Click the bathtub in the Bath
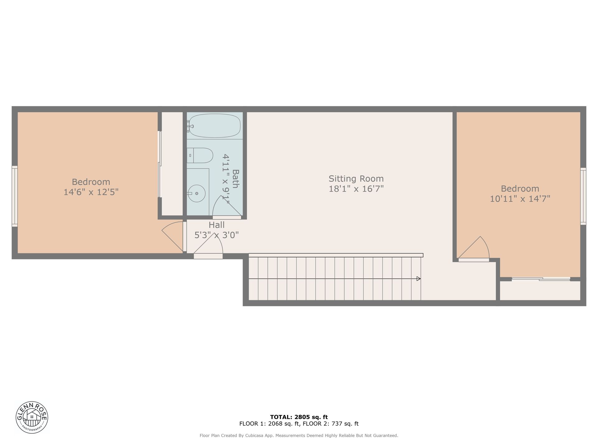(215, 126)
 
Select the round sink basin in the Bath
(197, 194)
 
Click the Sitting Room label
(356, 179)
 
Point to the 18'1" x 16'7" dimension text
(356, 189)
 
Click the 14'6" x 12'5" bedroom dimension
(91, 192)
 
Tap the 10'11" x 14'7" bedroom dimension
(520, 199)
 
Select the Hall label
(216, 225)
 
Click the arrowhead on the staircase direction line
(419, 279)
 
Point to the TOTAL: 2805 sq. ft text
(299, 417)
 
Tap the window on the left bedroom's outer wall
(15, 196)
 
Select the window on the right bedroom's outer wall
(583, 196)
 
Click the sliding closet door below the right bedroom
(541, 279)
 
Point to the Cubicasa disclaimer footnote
(299, 436)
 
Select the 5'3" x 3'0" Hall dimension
(216, 235)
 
